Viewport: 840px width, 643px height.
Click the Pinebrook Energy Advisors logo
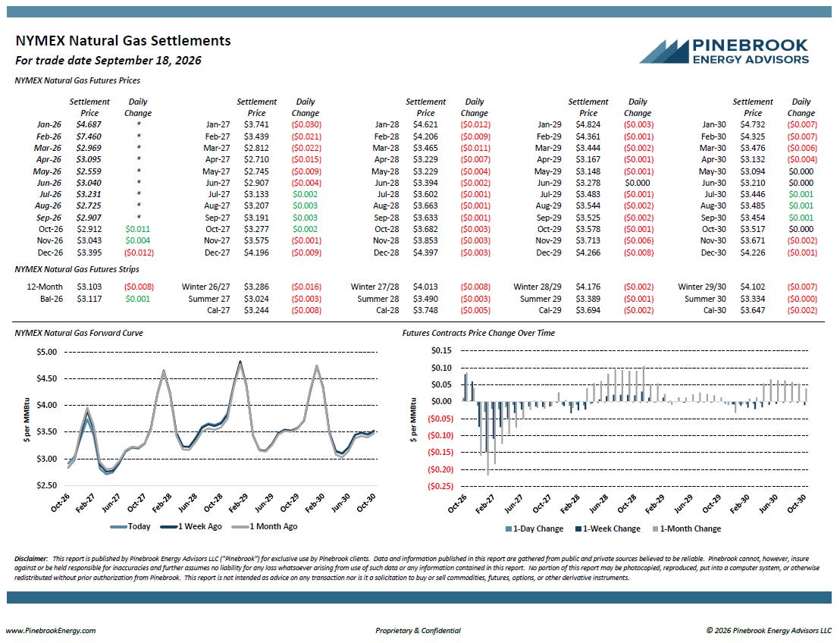pos(724,52)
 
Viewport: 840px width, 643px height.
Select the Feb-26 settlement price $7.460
pos(89,136)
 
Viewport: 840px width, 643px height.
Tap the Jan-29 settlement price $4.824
pos(588,125)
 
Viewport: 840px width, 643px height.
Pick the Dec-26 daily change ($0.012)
pos(139,252)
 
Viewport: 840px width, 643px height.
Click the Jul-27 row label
pos(219,195)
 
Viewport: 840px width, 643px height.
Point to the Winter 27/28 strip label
pos(375,287)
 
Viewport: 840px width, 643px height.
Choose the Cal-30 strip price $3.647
pos(753,310)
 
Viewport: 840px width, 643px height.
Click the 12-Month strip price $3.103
pos(89,287)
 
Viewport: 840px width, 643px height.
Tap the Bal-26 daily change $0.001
pos(138,299)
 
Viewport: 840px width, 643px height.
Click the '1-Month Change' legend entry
pos(687,529)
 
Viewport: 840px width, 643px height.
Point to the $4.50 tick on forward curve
pos(46,379)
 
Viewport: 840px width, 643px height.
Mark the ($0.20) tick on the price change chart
pos(440,469)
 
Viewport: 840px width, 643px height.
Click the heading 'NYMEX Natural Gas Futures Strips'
pos(77,269)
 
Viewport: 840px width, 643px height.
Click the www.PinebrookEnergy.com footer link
pos(51,631)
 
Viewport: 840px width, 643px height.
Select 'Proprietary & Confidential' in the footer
pos(418,631)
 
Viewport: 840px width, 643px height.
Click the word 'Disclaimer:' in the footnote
pos(31,559)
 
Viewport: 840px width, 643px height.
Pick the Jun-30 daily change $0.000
pos(801,183)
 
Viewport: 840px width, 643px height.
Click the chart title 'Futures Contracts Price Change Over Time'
pos(478,334)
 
